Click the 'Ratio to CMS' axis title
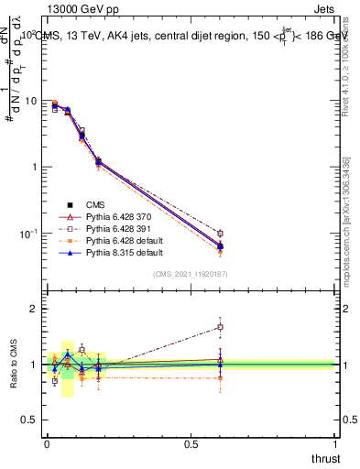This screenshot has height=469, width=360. pyautogui.click(x=13, y=365)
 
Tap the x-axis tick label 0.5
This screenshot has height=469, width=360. pyautogui.click(x=190, y=443)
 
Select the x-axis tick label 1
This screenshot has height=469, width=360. pyautogui.click(x=336, y=443)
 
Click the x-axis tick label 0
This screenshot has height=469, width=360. pyautogui.click(x=46, y=443)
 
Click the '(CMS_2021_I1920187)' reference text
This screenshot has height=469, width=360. pyautogui.click(x=191, y=273)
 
